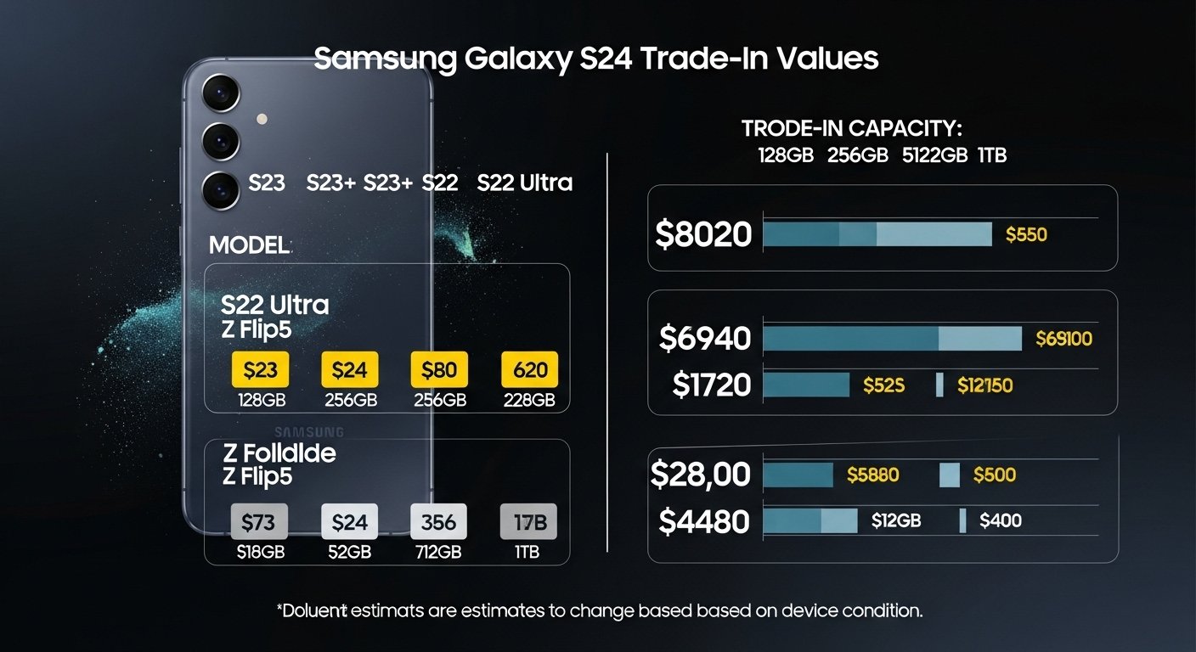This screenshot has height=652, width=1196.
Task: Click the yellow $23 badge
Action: click(x=260, y=370)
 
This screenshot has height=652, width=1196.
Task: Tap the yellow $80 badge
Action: click(x=439, y=370)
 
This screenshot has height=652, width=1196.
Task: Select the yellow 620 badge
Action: click(x=530, y=370)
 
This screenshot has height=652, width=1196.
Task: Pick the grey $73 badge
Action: click(x=259, y=521)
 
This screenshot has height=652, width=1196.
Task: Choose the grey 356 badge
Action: click(x=438, y=521)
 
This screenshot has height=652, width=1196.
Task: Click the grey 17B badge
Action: click(x=528, y=521)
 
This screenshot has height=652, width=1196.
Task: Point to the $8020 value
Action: click(x=703, y=234)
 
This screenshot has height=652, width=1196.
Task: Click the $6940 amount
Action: click(x=705, y=339)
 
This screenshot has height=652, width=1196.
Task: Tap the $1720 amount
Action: click(x=712, y=385)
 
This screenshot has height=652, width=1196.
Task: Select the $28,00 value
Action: click(x=701, y=475)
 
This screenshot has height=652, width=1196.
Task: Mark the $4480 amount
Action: click(x=704, y=521)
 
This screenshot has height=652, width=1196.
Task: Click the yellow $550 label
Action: click(x=1026, y=234)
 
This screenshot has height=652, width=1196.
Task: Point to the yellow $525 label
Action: click(x=883, y=385)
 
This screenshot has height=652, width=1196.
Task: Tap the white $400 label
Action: click(x=1001, y=521)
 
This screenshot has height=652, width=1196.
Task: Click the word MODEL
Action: click(x=249, y=245)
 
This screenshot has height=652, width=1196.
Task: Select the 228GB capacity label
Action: click(x=528, y=400)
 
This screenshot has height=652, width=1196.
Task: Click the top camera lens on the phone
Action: click(x=221, y=92)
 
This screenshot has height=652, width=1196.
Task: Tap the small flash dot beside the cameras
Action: click(x=262, y=120)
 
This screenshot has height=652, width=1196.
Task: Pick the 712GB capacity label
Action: click(x=438, y=552)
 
